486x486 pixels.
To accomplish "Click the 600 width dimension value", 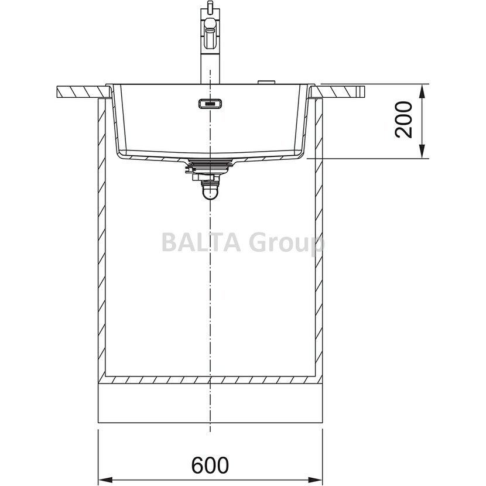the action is tap(210, 466).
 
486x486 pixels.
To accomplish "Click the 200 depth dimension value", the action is tap(403, 119).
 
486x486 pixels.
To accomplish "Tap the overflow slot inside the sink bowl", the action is tap(210, 104).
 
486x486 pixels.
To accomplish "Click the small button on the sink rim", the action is tap(266, 82).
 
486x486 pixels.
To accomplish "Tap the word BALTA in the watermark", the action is tap(201, 242).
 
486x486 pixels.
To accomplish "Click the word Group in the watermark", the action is tap(286, 245).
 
